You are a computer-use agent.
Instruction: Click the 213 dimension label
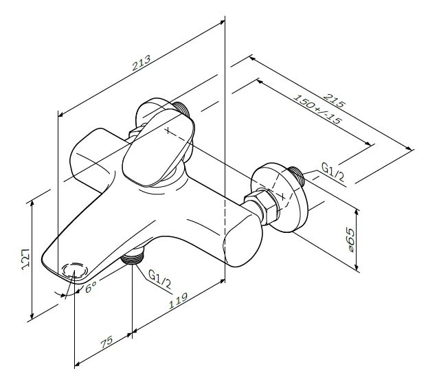click(x=141, y=63)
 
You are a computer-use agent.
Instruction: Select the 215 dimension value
click(x=335, y=100)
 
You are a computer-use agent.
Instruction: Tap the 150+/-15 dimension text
click(x=317, y=109)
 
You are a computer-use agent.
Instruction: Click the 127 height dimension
click(x=25, y=259)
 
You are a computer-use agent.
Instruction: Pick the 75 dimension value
click(x=106, y=342)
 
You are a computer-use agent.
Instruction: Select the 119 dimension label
click(x=179, y=301)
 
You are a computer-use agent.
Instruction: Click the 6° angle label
click(x=91, y=287)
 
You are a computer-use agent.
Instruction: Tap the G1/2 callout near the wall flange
click(x=333, y=172)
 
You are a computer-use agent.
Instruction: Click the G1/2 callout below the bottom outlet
click(x=159, y=279)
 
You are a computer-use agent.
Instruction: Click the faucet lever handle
click(x=159, y=148)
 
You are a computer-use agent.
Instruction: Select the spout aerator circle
click(x=75, y=270)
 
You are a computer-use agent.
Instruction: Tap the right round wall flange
click(x=280, y=197)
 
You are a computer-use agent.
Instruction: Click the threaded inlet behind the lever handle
click(x=182, y=110)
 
